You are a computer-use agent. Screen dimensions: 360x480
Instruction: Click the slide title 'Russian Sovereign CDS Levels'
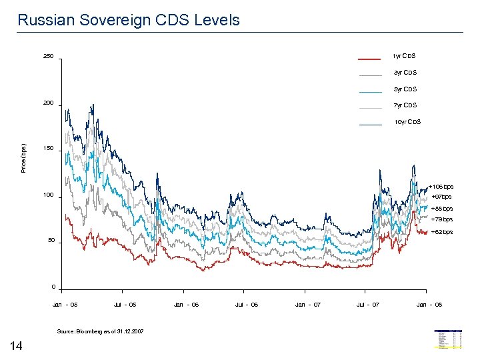129,20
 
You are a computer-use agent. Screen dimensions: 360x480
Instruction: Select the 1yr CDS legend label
404,56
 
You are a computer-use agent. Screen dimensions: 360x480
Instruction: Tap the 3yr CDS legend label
405,73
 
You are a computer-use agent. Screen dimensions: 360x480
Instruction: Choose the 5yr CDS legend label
405,89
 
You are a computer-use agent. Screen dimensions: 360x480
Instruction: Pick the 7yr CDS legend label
405,105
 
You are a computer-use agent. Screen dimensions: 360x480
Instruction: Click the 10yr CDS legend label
407,122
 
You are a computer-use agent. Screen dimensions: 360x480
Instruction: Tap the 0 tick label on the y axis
53,287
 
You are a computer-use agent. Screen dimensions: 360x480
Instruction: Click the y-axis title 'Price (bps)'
24,158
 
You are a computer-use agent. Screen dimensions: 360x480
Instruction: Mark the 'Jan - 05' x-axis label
65,305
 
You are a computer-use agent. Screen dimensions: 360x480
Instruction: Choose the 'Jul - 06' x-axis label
247,305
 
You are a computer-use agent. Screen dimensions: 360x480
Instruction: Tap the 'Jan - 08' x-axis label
429,305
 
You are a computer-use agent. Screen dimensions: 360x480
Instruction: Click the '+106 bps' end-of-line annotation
441,187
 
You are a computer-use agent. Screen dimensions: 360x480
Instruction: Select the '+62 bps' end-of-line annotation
441,232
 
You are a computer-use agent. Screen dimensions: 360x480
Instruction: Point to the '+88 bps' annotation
441,209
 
